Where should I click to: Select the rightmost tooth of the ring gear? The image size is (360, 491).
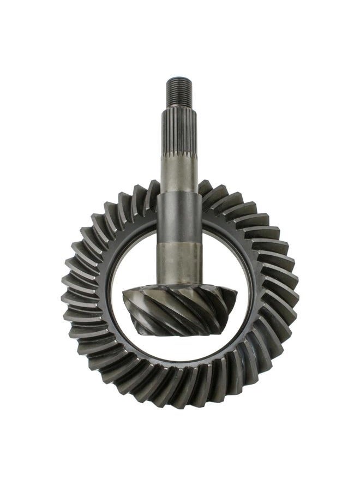[291, 297]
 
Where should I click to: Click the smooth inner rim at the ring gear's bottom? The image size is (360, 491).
[180, 364]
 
